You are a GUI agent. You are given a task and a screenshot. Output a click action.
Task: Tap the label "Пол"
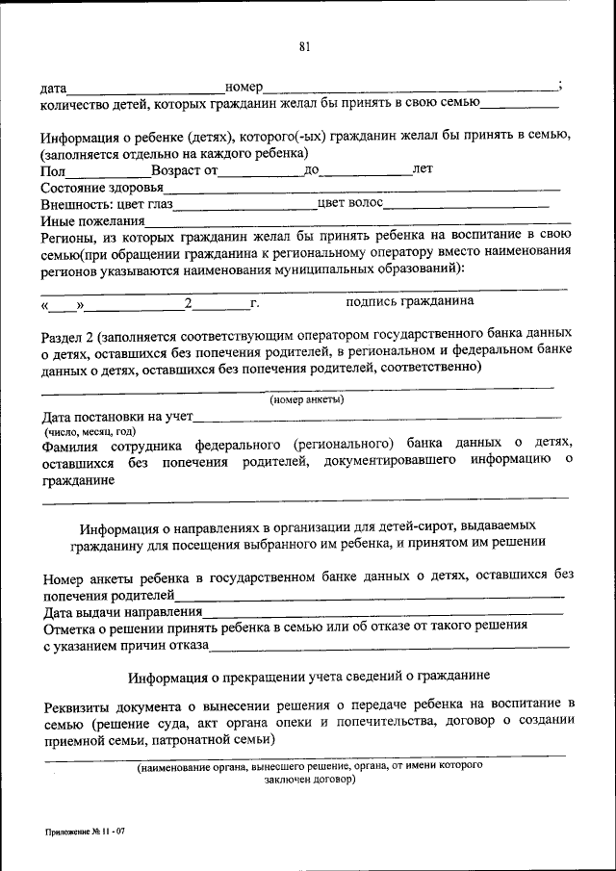pyautogui.click(x=53, y=170)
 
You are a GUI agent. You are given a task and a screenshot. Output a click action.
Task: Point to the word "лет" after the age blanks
pyautogui.click(x=422, y=169)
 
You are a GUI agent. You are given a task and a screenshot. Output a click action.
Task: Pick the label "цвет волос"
pyautogui.click(x=350, y=203)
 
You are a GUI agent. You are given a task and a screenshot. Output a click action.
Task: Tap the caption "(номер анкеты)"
pyautogui.click(x=306, y=399)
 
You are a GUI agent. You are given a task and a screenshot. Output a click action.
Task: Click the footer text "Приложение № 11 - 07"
pyautogui.click(x=83, y=830)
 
